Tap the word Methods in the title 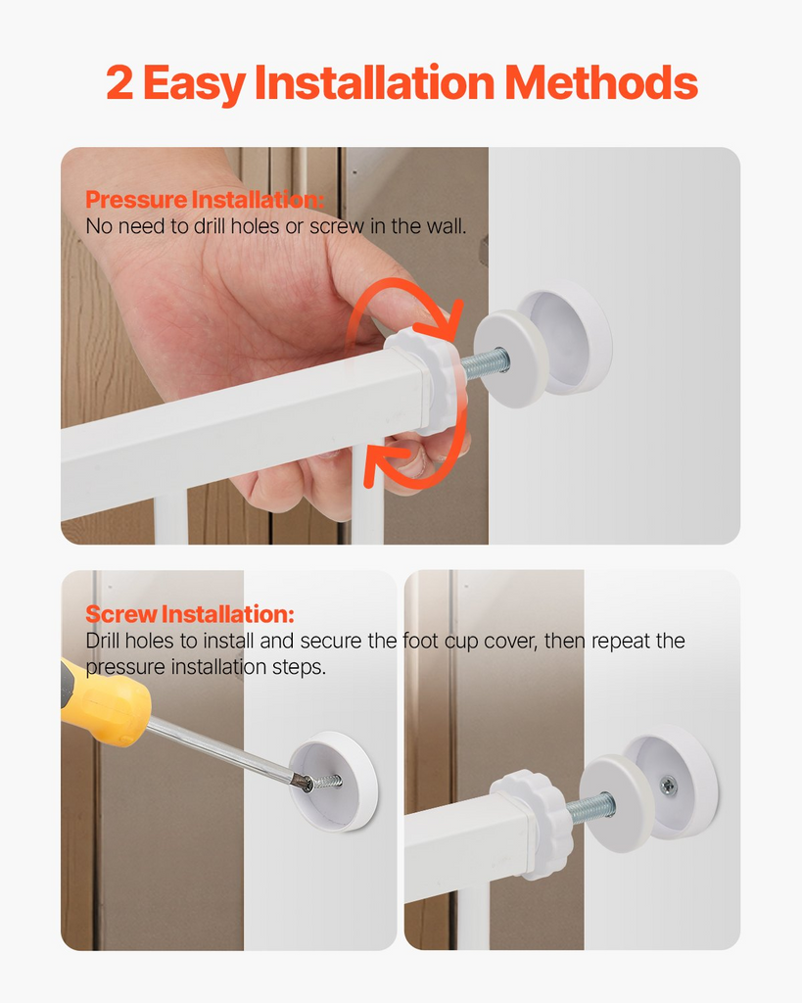(x=601, y=84)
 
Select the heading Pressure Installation (x=204, y=201)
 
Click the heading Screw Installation (x=189, y=615)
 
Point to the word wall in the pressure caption (x=444, y=226)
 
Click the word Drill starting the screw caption (x=105, y=642)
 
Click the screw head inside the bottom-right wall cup (x=669, y=784)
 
